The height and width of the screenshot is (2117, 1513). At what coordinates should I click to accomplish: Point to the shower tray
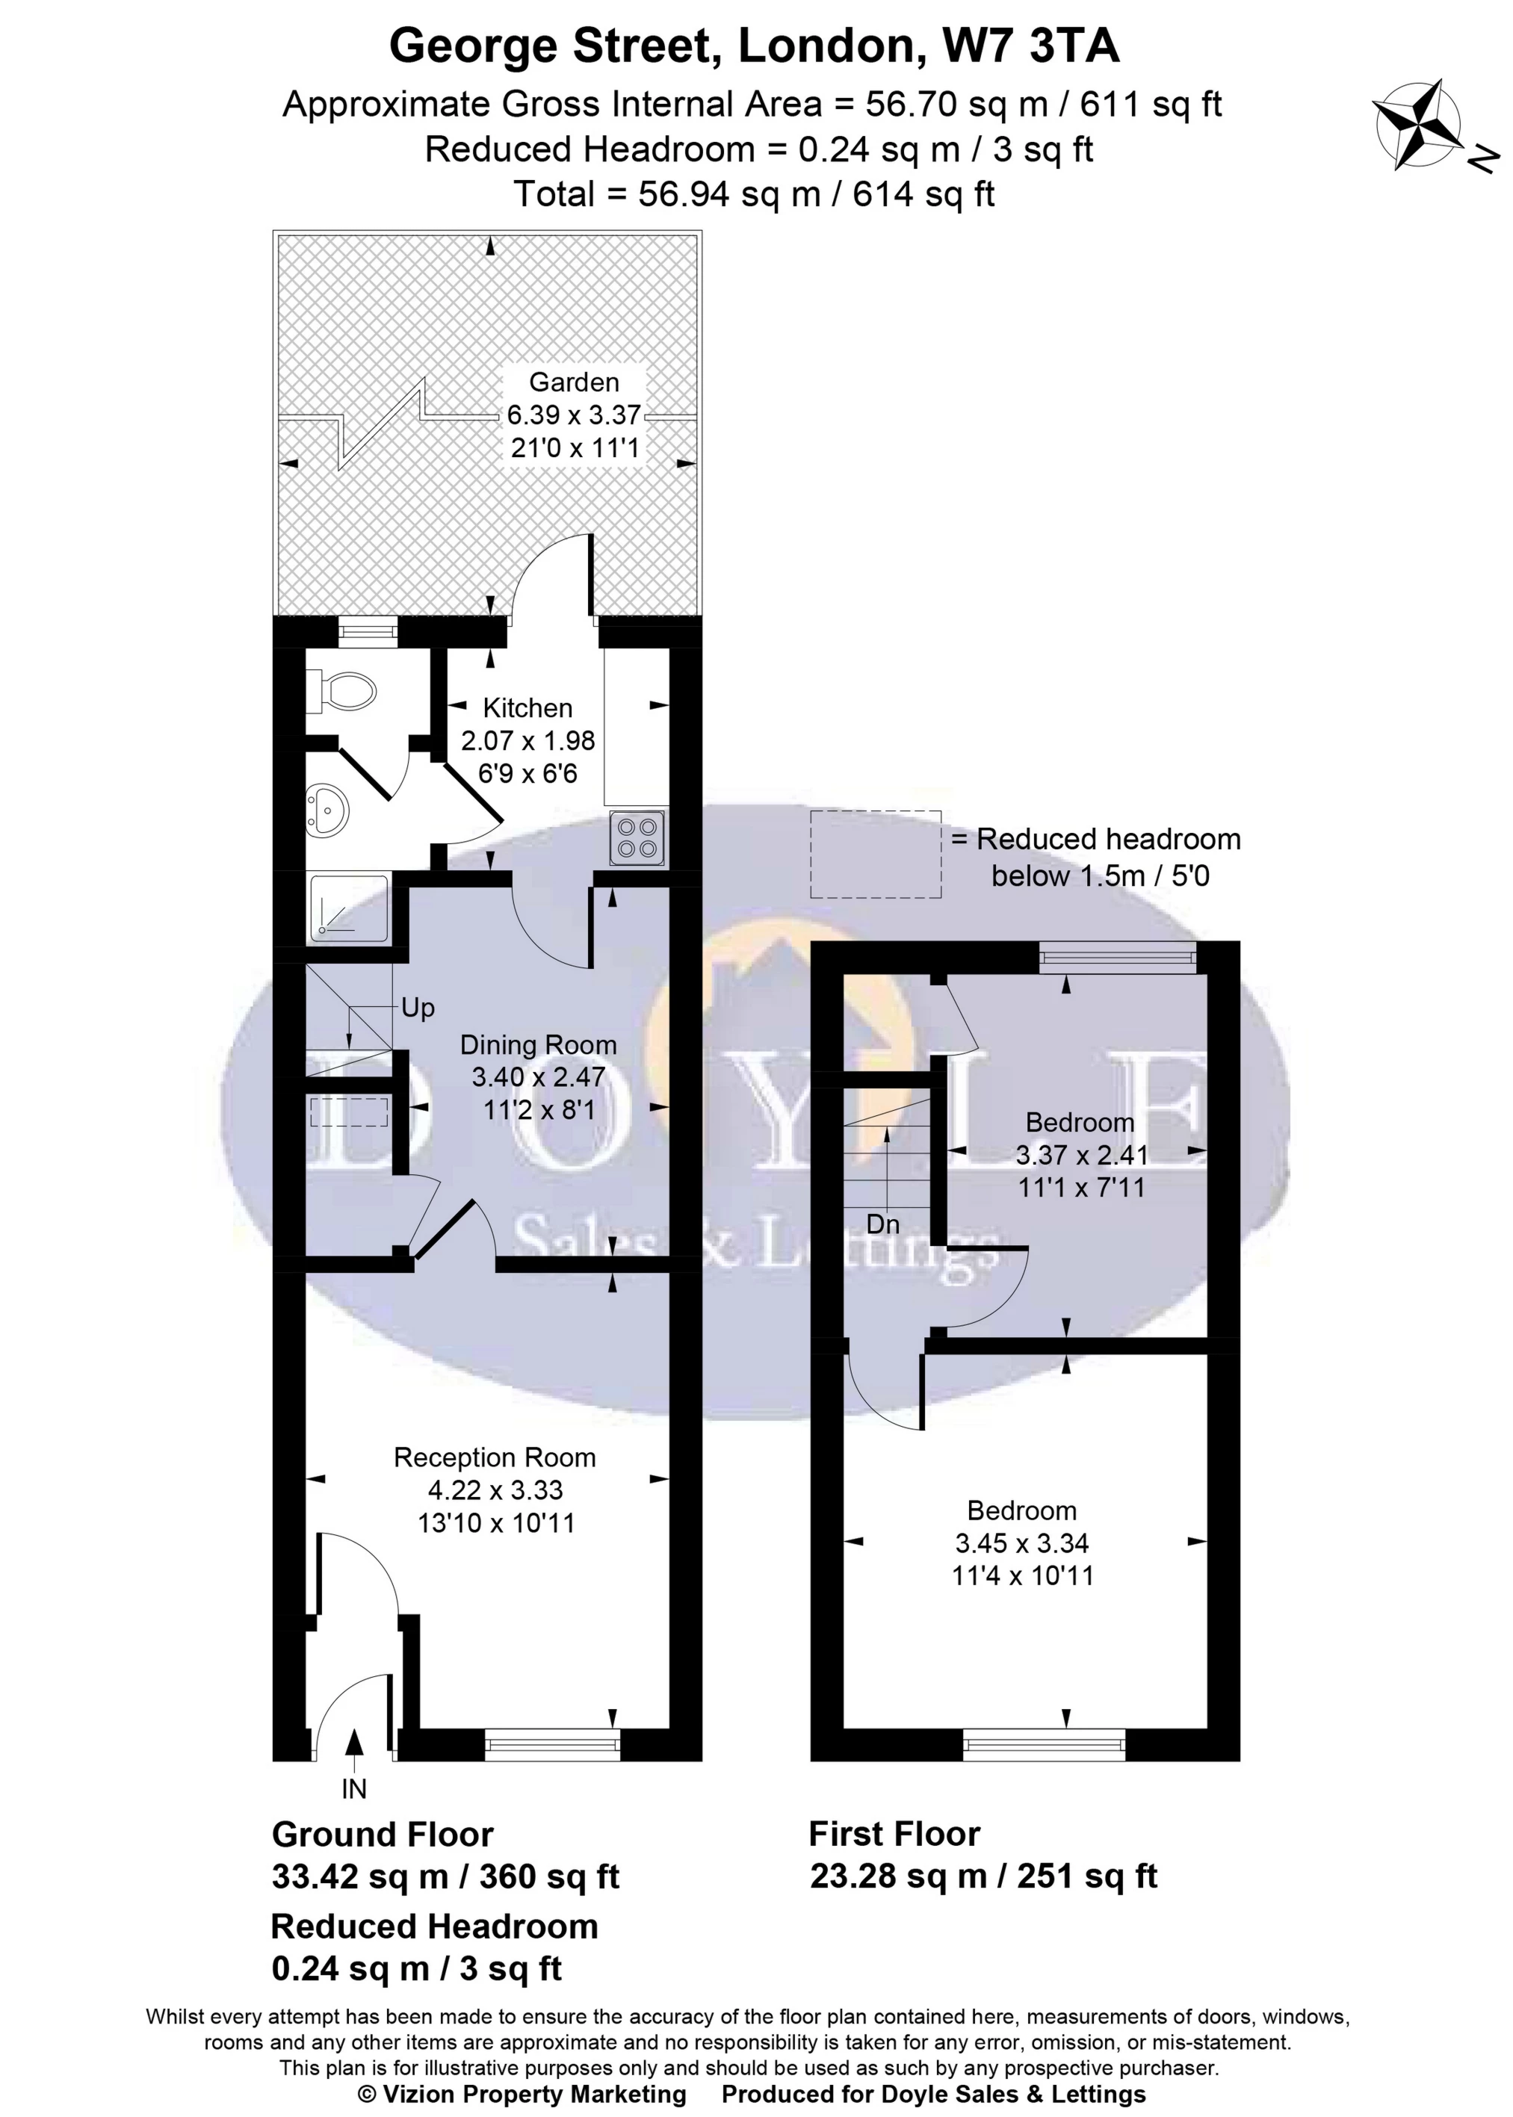tap(348, 906)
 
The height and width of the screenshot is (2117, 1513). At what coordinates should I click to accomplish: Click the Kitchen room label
tap(527, 708)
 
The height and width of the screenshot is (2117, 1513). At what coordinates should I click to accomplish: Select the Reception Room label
tap(494, 1457)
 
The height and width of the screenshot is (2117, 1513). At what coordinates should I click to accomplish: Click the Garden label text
tap(574, 382)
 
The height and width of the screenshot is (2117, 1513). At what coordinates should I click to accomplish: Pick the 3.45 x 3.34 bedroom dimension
tap(1021, 1543)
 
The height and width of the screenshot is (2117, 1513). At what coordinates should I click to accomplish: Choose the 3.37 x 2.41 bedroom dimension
tap(1080, 1155)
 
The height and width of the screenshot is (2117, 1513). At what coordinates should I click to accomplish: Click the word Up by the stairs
tap(418, 1008)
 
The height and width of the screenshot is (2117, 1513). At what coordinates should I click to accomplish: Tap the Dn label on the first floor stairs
tap(882, 1224)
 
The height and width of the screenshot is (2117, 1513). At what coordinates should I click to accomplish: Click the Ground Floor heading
tap(382, 1834)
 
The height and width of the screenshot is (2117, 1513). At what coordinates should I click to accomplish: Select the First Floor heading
tap(894, 1833)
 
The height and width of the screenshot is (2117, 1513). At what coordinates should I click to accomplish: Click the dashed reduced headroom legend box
tap(875, 854)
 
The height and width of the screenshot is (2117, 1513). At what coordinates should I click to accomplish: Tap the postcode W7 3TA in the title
tap(1030, 46)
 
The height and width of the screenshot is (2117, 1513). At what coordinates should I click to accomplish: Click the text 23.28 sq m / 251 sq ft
tap(983, 1875)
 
